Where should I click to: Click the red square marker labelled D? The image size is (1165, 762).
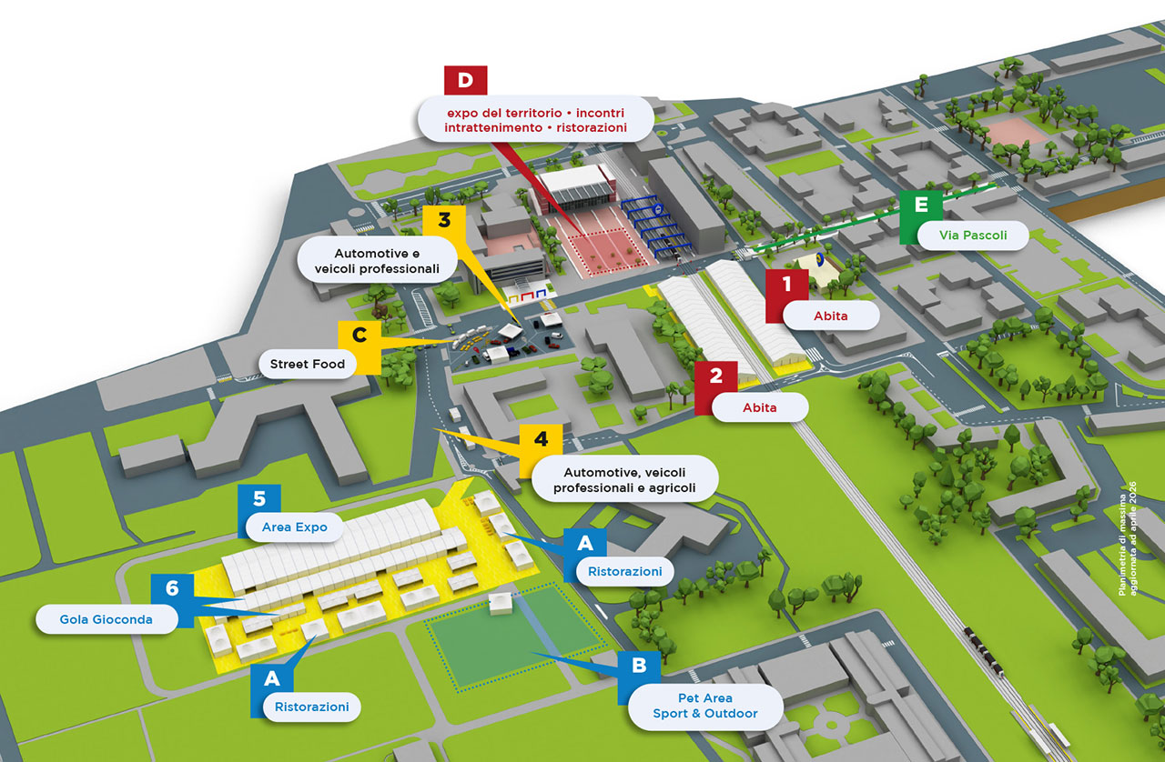tap(465, 81)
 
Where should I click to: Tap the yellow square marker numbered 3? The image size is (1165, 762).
tap(444, 220)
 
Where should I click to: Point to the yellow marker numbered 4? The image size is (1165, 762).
tap(542, 439)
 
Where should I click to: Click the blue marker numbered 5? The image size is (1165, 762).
tap(259, 499)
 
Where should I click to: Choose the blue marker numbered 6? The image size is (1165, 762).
tap(173, 588)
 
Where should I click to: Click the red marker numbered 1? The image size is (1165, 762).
tap(788, 284)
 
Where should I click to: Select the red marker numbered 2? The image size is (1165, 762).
tap(716, 376)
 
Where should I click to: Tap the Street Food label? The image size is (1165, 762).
tap(308, 364)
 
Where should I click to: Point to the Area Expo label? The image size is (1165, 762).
tap(294, 526)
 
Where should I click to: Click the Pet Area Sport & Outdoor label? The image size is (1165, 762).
tap(704, 706)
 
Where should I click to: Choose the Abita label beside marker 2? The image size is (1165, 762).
tap(759, 407)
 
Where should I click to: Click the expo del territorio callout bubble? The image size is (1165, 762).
tap(535, 120)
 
